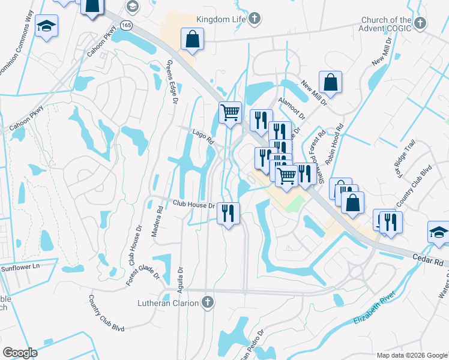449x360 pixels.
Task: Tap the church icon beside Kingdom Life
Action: coord(255,18)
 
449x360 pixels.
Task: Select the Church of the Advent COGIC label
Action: coord(385,23)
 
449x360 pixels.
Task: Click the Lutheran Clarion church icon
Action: coord(208,302)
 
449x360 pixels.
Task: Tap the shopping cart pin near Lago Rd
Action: coord(231,112)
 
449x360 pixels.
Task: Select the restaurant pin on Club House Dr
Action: coord(228,213)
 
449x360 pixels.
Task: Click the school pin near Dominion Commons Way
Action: coord(46,27)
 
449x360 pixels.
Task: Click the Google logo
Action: coord(20,353)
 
